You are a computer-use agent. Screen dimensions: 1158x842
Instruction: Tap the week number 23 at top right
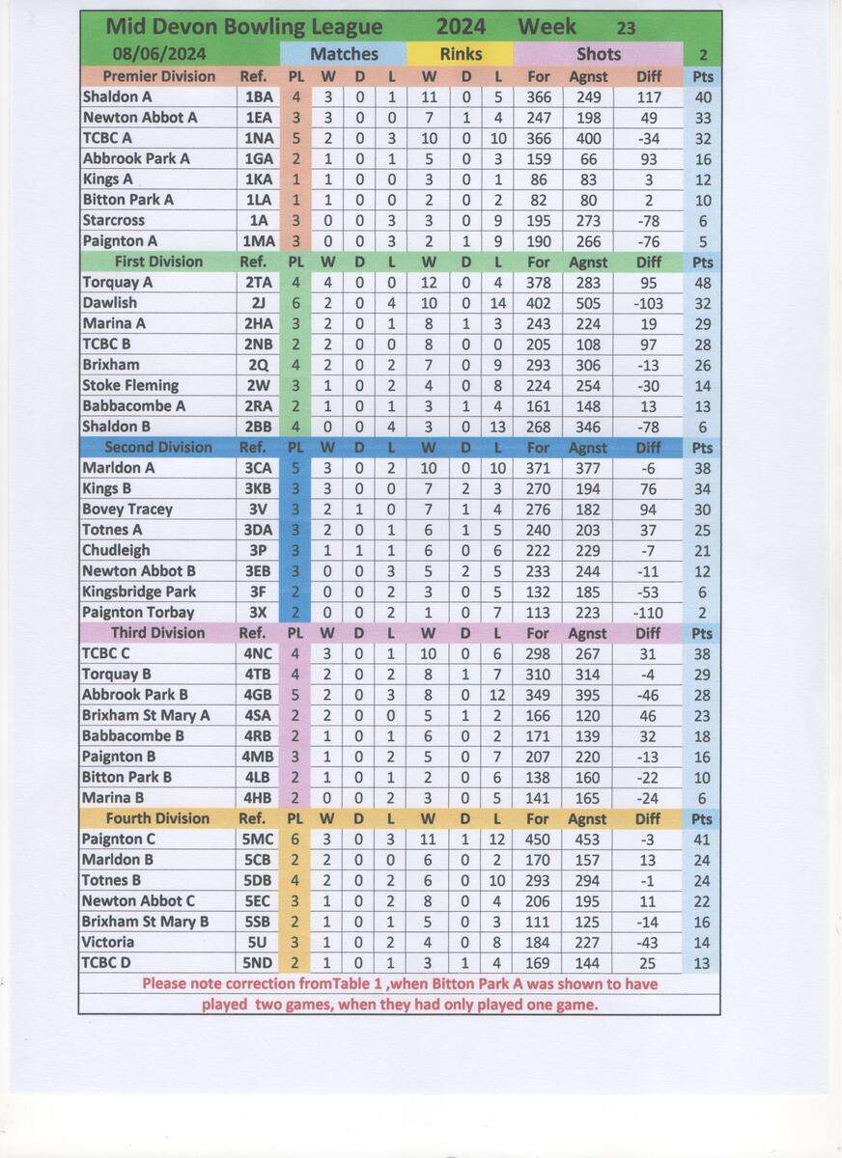pyautogui.click(x=626, y=29)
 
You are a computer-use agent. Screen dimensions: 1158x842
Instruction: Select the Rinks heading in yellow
pyautogui.click(x=460, y=54)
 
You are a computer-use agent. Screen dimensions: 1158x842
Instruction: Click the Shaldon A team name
pyautogui.click(x=118, y=96)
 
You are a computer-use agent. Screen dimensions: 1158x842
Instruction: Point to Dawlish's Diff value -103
pyautogui.click(x=649, y=303)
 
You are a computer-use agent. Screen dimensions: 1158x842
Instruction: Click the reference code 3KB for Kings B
pyautogui.click(x=258, y=488)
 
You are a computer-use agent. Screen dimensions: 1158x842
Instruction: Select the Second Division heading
pyautogui.click(x=157, y=447)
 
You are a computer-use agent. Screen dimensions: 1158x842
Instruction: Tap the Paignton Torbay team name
pyautogui.click(x=138, y=612)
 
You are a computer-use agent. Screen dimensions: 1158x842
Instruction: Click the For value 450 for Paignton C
pyautogui.click(x=539, y=839)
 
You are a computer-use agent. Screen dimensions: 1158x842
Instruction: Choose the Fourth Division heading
pyautogui.click(x=155, y=818)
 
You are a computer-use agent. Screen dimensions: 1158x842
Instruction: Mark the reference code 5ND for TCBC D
pyautogui.click(x=258, y=962)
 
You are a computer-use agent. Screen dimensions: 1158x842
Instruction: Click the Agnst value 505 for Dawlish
pyautogui.click(x=587, y=303)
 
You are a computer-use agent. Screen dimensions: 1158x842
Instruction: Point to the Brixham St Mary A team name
pyautogui.click(x=146, y=715)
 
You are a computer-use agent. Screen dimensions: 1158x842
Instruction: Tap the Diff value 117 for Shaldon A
pyautogui.click(x=649, y=96)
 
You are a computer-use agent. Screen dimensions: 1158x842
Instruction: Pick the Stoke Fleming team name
pyautogui.click(x=130, y=385)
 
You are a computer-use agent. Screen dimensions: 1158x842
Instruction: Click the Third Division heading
pyautogui.click(x=157, y=633)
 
